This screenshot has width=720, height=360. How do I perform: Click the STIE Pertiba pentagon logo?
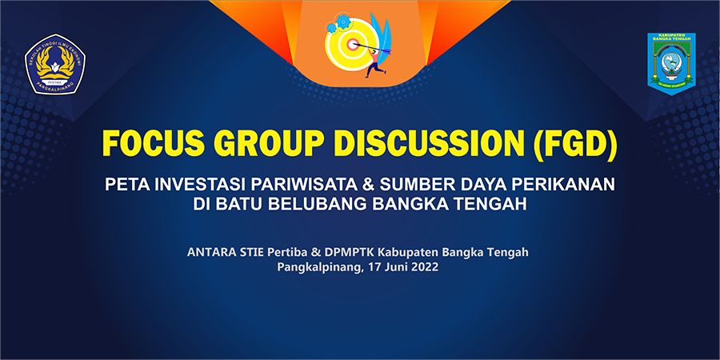[57, 64]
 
